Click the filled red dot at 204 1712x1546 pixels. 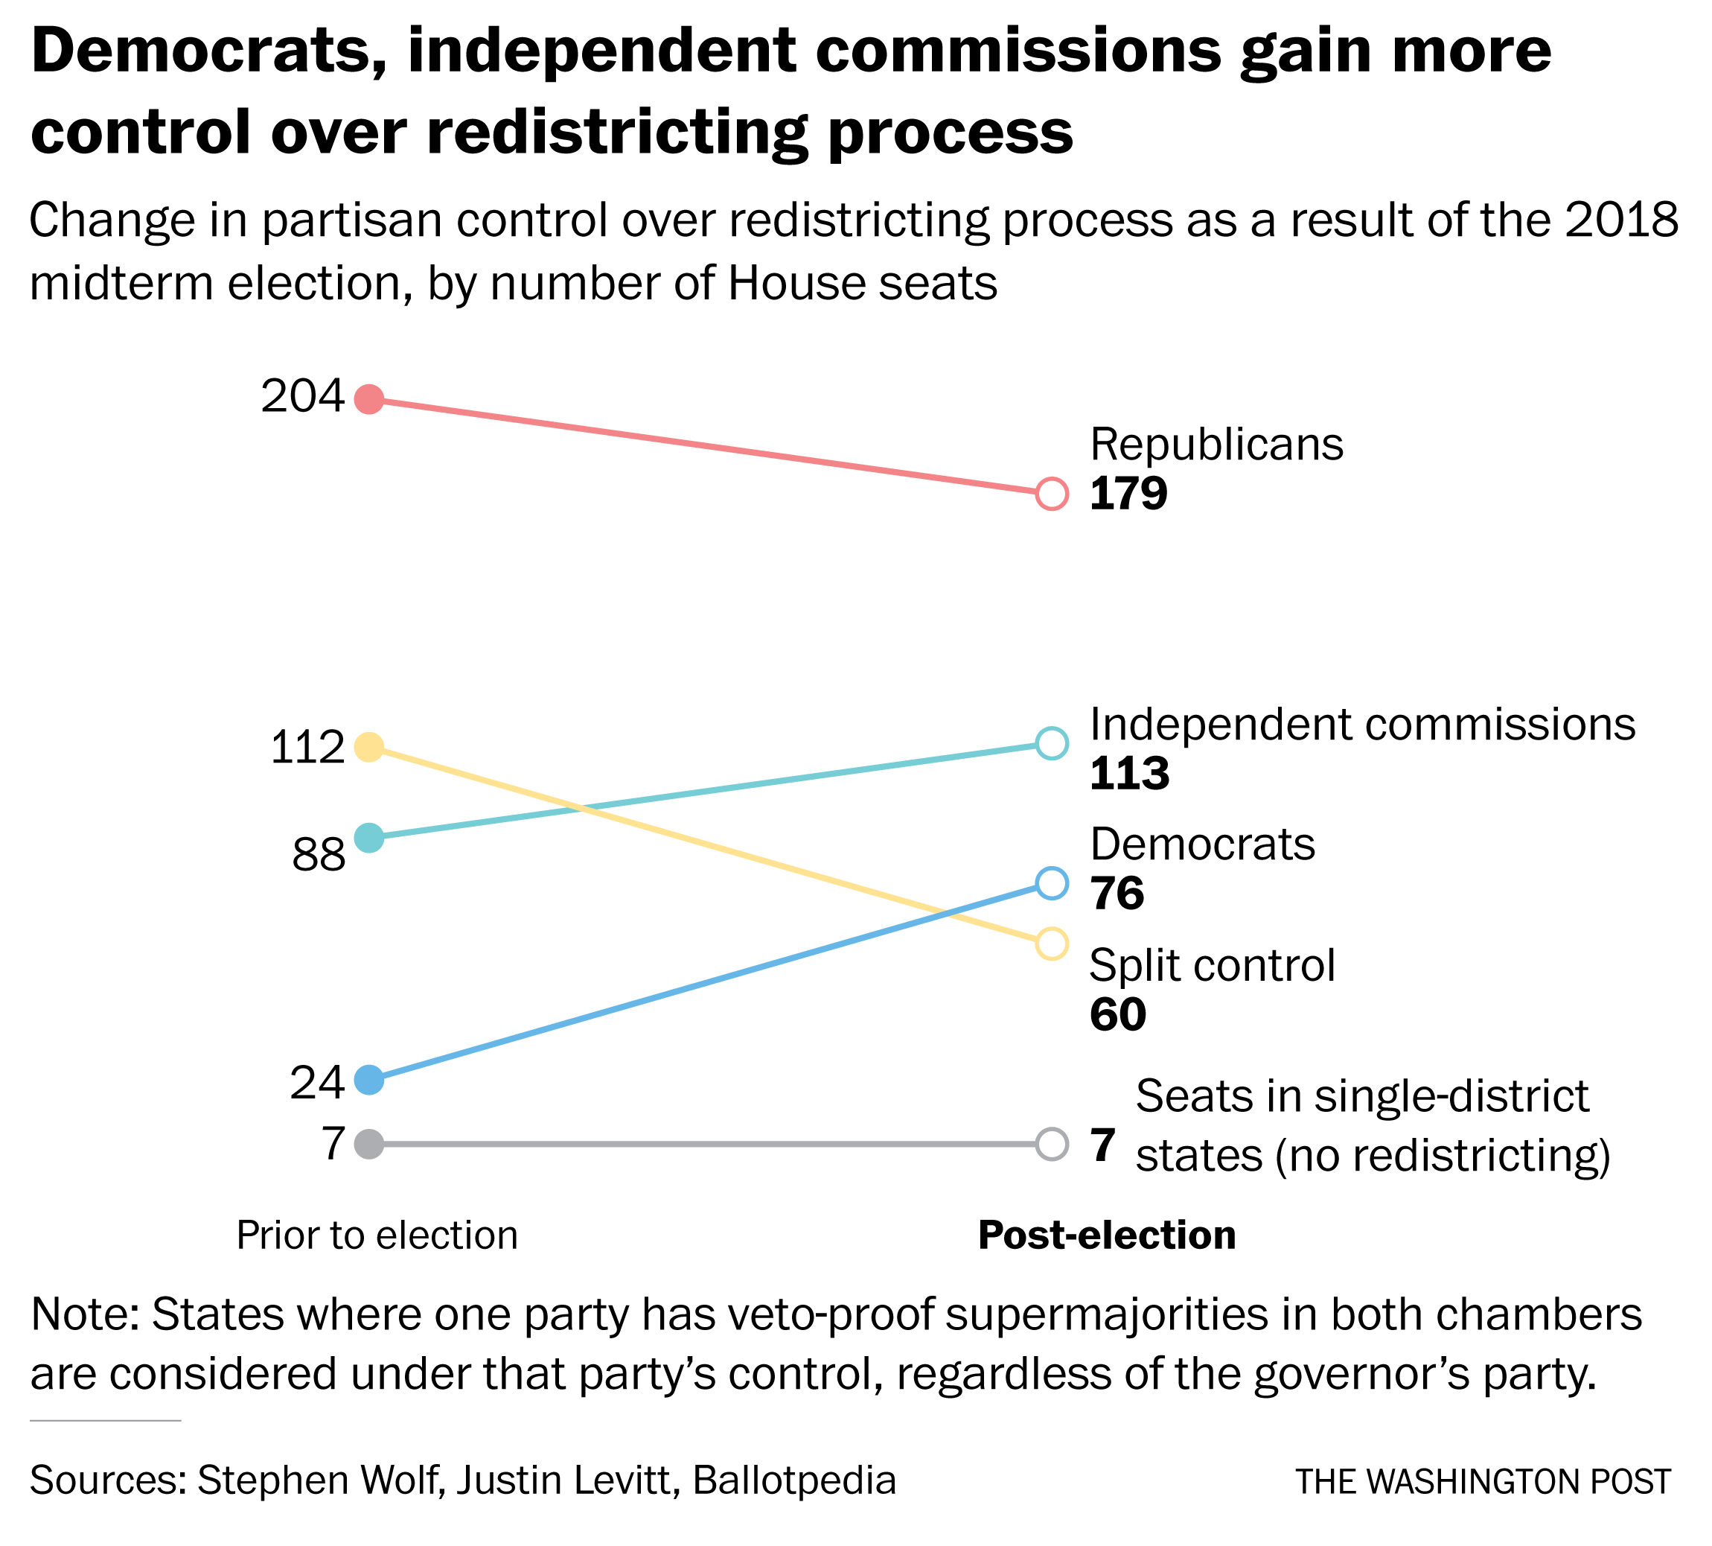click(368, 398)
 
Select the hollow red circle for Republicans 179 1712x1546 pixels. click(1051, 494)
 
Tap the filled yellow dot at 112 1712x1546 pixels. click(368, 747)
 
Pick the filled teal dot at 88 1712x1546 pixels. click(368, 838)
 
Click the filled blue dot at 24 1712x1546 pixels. click(368, 1081)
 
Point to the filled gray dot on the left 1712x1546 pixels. click(368, 1143)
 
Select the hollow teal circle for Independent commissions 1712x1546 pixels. click(1051, 743)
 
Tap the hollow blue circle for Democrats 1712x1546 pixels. click(1051, 883)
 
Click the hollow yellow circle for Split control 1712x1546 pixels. click(1051, 944)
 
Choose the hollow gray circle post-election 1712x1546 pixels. click(1051, 1143)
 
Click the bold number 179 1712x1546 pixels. click(1128, 494)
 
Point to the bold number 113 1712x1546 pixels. click(1129, 774)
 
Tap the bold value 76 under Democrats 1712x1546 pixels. click(1117, 894)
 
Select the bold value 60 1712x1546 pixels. click(1117, 1014)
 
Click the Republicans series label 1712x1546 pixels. click(1216, 445)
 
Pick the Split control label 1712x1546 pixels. click(1213, 966)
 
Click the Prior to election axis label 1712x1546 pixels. click(377, 1235)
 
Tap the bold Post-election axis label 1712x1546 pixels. click(1107, 1235)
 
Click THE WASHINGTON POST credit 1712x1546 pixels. click(1483, 1481)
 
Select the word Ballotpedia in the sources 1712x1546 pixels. click(795, 1480)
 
